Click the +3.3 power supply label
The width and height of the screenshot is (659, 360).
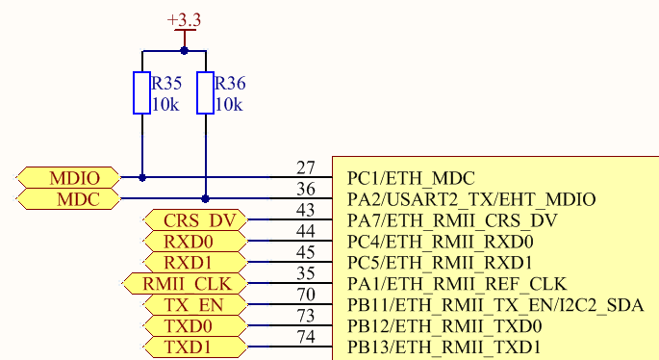click(x=184, y=19)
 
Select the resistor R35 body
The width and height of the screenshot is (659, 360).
click(x=142, y=92)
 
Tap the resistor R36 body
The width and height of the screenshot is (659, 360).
click(x=205, y=92)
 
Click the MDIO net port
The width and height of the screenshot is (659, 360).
click(x=70, y=177)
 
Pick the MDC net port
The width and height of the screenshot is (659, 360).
click(x=70, y=199)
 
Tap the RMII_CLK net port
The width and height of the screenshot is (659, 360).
click(x=183, y=284)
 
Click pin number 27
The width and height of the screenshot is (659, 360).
click(x=306, y=168)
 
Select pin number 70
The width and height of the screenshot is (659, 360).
click(x=306, y=296)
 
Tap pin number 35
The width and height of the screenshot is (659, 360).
click(x=306, y=274)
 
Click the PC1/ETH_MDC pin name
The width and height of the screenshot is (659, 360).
click(x=411, y=178)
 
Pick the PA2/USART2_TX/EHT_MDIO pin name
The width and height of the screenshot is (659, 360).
click(x=470, y=199)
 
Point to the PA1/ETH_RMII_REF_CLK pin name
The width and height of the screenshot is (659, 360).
click(x=456, y=284)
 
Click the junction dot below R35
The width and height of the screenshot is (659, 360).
click(x=142, y=177)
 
